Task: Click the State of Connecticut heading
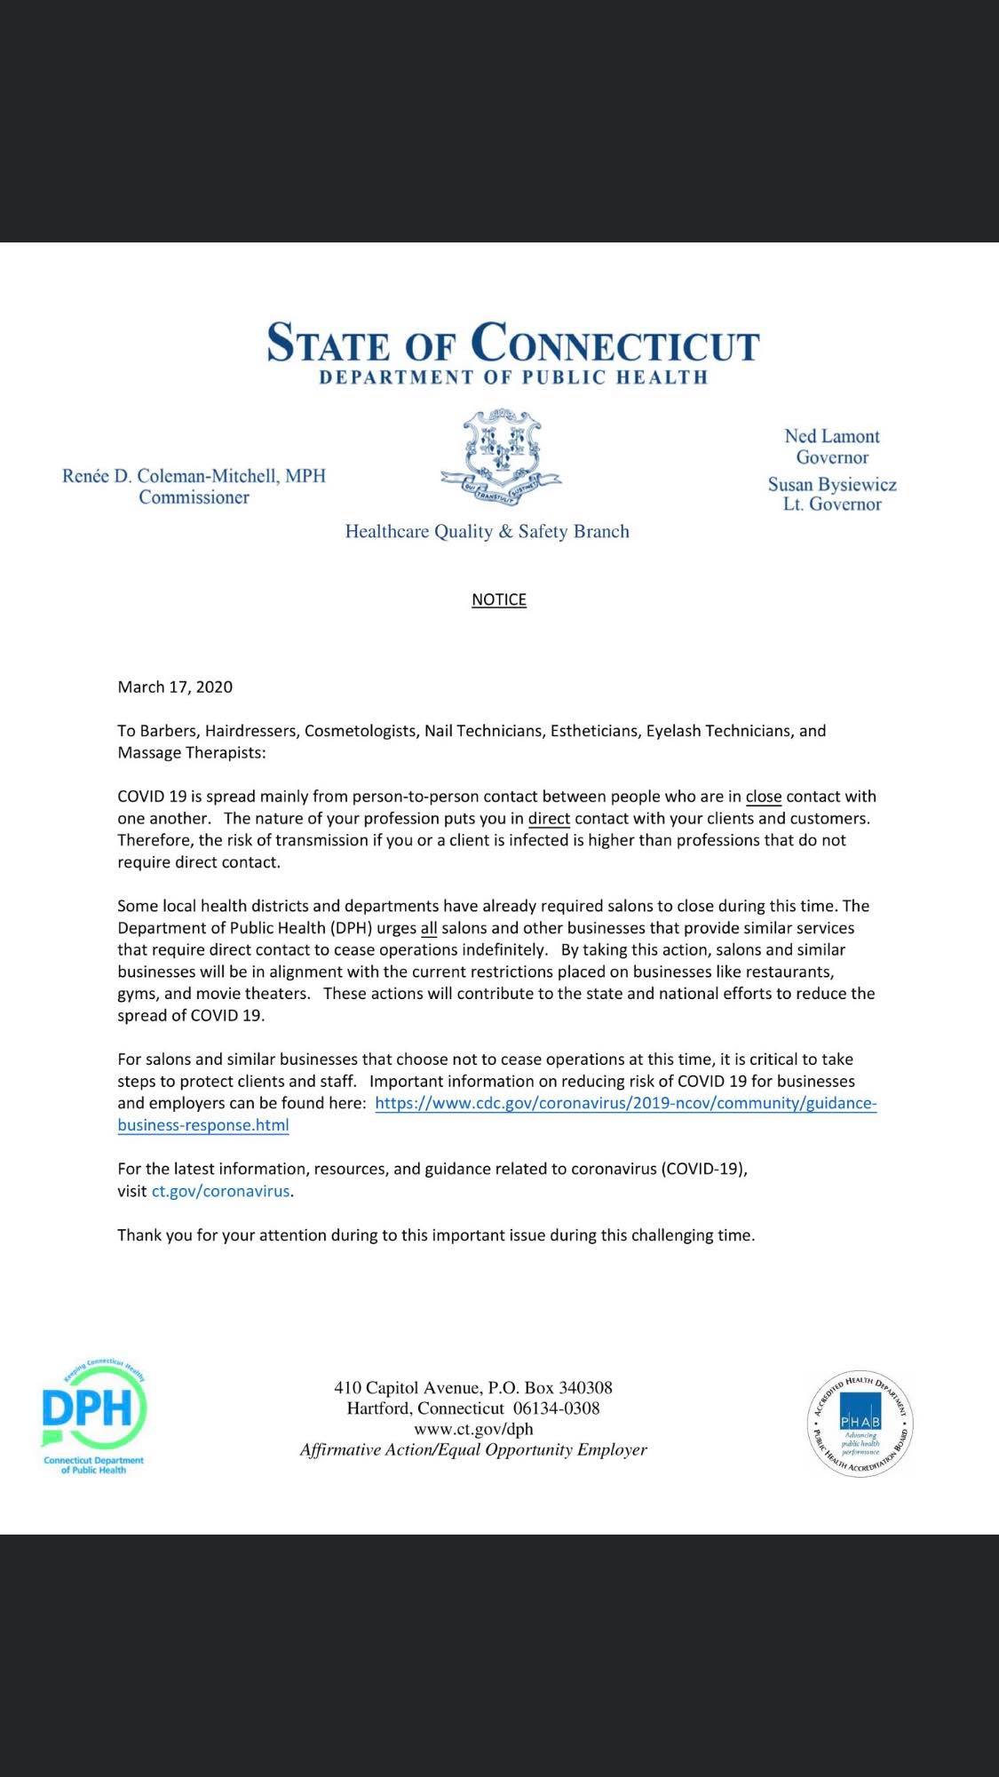[x=513, y=343]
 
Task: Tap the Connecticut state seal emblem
[x=500, y=453]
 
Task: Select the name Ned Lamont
[x=831, y=436]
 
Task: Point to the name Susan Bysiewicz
[x=832, y=485]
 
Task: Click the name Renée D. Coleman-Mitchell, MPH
[x=194, y=476]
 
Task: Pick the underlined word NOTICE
[x=499, y=599]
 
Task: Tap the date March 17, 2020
[x=175, y=686]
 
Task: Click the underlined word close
[x=764, y=797]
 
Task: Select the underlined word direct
[x=549, y=818]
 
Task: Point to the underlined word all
[x=429, y=928]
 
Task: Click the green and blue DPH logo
[x=93, y=1417]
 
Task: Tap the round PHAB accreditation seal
[x=860, y=1424]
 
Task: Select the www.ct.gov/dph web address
[x=473, y=1429]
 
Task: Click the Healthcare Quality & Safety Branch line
[x=487, y=532]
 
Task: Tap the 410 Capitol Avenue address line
[x=473, y=1387]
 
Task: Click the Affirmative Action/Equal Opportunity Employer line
[x=473, y=1450]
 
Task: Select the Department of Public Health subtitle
[x=513, y=377]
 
